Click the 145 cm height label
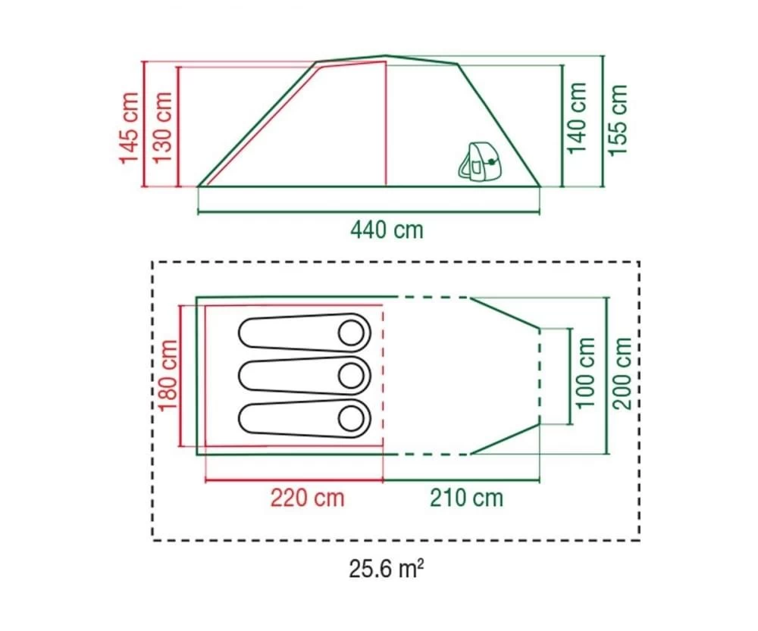(x=129, y=127)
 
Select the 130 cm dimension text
(x=162, y=127)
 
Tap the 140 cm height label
(x=578, y=117)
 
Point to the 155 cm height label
(x=619, y=120)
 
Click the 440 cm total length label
(x=387, y=229)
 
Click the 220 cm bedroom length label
(x=307, y=498)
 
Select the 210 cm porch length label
(x=466, y=498)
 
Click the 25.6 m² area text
(x=387, y=568)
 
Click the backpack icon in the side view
(x=475, y=161)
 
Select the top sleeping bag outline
(x=303, y=333)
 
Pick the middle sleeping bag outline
(x=303, y=375)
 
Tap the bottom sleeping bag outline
(x=303, y=418)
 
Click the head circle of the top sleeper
(x=352, y=332)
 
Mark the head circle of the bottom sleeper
(x=352, y=418)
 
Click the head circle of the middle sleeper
(x=352, y=375)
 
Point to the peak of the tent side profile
(x=387, y=55)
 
